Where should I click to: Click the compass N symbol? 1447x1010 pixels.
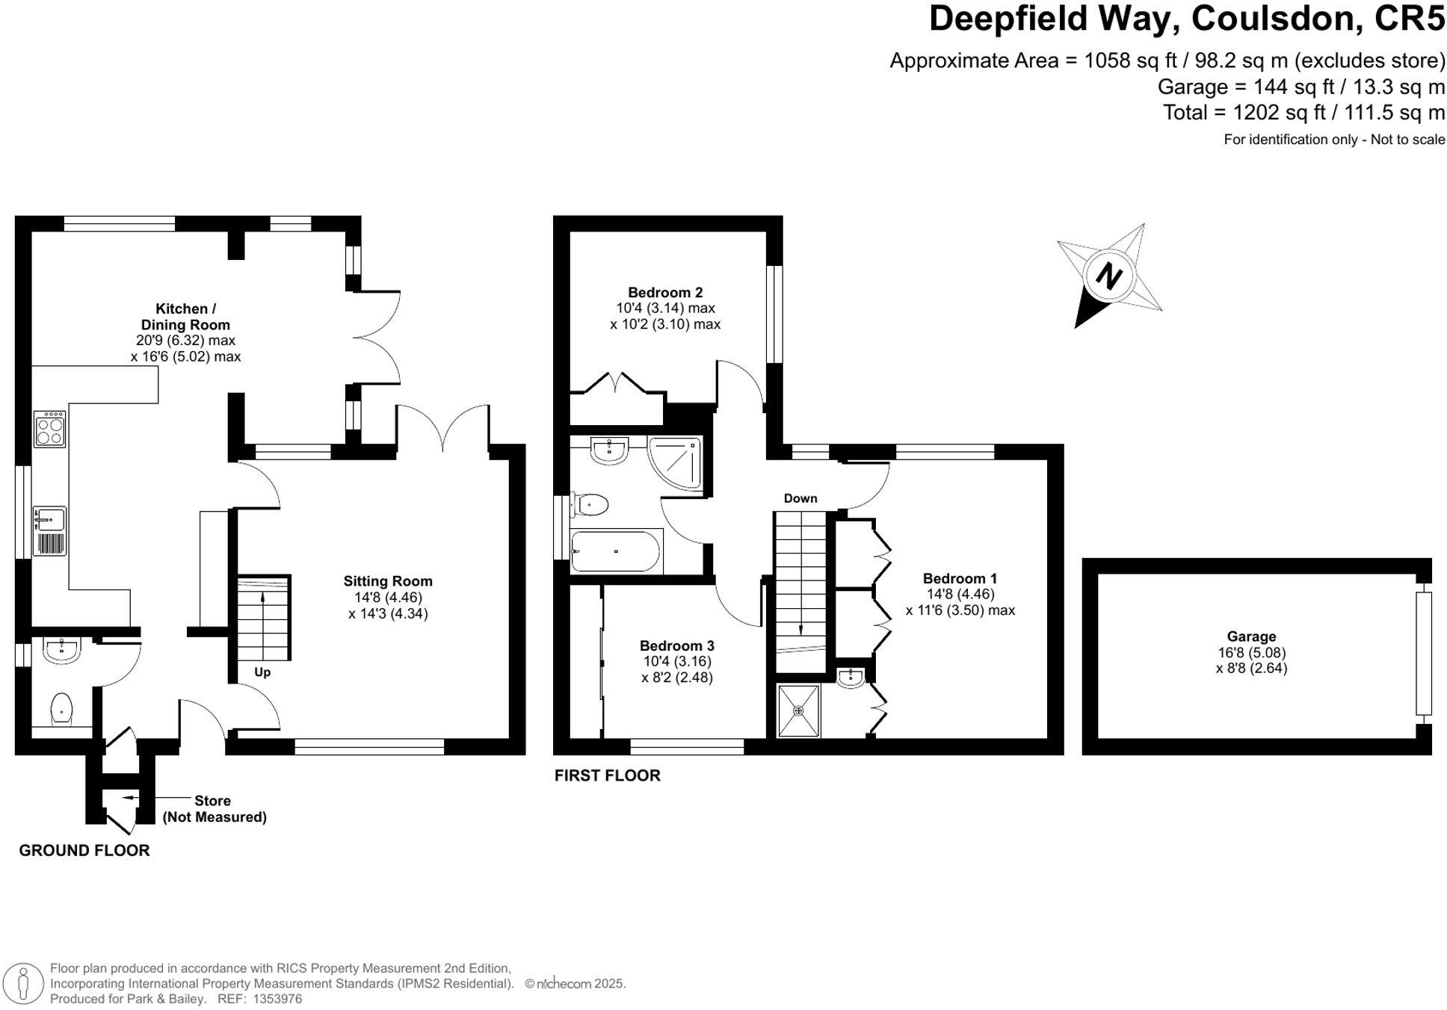pyautogui.click(x=1109, y=276)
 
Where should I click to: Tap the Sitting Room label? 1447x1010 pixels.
pyautogui.click(x=388, y=581)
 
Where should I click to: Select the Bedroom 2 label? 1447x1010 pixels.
pyautogui.click(x=665, y=292)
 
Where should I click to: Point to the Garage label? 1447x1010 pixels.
pyautogui.click(x=1251, y=636)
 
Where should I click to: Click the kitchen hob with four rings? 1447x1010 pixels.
pyautogui.click(x=50, y=429)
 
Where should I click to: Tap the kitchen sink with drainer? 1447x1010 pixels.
pyautogui.click(x=50, y=530)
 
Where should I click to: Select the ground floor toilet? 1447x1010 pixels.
pyautogui.click(x=61, y=708)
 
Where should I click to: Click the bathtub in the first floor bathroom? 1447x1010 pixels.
pyautogui.click(x=616, y=551)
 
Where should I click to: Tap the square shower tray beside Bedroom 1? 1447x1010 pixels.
pyautogui.click(x=799, y=710)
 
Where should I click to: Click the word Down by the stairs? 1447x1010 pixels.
pyautogui.click(x=800, y=498)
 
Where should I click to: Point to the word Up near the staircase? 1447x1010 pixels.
pyautogui.click(x=262, y=672)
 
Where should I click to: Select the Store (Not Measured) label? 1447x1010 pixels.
pyautogui.click(x=215, y=809)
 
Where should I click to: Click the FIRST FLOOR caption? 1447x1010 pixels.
pyautogui.click(x=607, y=775)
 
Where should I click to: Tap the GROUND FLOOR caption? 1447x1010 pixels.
pyautogui.click(x=84, y=850)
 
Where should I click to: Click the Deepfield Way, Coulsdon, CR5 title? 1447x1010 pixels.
pyautogui.click(x=1187, y=19)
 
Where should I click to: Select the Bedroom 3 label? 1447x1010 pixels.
pyautogui.click(x=676, y=645)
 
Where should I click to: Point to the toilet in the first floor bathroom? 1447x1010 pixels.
pyautogui.click(x=591, y=504)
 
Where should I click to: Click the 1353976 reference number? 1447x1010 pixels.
pyautogui.click(x=277, y=999)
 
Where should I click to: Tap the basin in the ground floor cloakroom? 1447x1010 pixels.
pyautogui.click(x=61, y=651)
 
